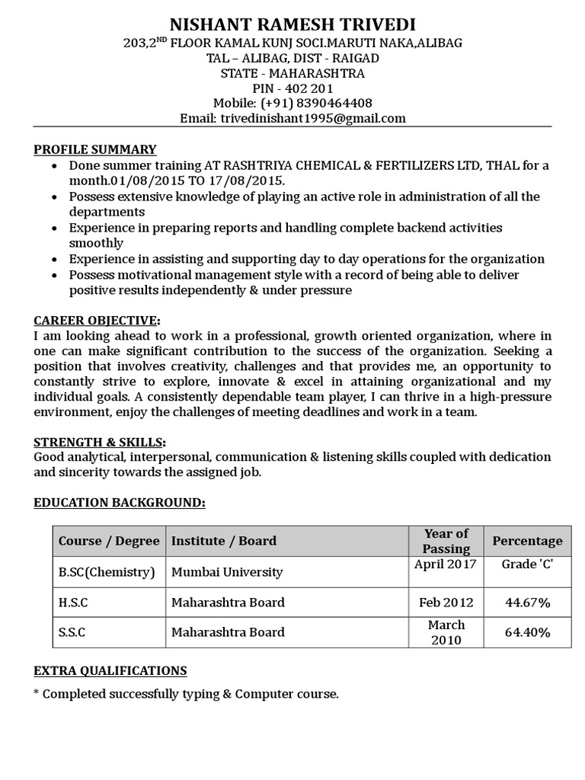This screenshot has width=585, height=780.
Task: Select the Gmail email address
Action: [312, 118]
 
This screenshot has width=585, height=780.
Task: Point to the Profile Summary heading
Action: [95, 149]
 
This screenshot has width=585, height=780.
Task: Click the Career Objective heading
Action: [97, 319]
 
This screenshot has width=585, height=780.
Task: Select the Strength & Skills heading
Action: [100, 442]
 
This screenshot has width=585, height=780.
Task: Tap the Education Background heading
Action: [120, 503]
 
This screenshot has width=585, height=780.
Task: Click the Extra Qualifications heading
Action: [110, 670]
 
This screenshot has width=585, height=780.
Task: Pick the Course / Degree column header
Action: [109, 541]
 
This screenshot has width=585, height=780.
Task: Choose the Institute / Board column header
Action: [224, 541]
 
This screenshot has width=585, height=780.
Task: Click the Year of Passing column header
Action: [446, 541]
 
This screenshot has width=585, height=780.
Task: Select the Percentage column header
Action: [527, 541]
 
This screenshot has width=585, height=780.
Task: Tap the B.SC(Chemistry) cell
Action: [107, 572]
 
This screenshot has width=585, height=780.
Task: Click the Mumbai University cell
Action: [227, 572]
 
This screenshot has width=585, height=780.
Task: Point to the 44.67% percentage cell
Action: [527, 603]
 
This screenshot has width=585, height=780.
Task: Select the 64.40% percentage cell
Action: [527, 632]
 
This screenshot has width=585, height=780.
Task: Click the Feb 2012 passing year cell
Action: [446, 603]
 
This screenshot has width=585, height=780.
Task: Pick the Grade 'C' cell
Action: [527, 564]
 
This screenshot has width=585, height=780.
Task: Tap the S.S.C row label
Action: [73, 632]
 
